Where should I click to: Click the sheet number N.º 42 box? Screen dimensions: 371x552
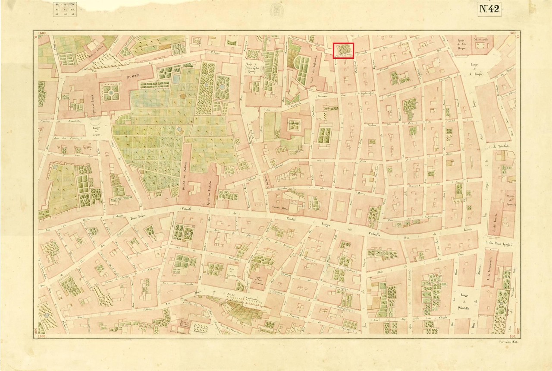coord(489,10)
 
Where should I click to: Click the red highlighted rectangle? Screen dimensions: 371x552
coord(344,51)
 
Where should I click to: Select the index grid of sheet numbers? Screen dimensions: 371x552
coord(64,9)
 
